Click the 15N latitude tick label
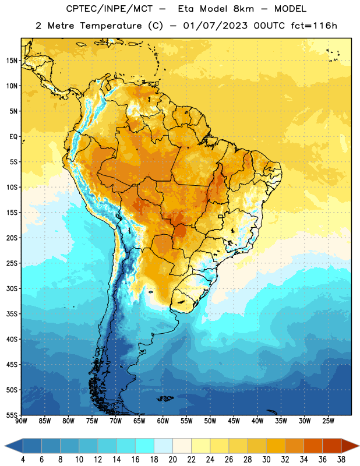coord(12,61)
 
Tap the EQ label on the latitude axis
coord(13,137)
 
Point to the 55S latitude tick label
coord(12,415)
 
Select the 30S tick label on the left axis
coord(12,288)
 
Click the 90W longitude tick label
coord(21,421)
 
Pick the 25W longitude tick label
coord(328,421)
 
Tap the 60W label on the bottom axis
coord(163,421)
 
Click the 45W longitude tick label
coord(234,421)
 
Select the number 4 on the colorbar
coord(23,460)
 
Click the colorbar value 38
coord(341,460)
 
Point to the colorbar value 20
coord(172,460)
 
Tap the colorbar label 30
coord(266,460)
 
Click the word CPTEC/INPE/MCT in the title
coord(109,9)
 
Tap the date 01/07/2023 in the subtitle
coord(215,26)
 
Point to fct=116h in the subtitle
coord(314,26)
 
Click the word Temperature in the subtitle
coord(111,26)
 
